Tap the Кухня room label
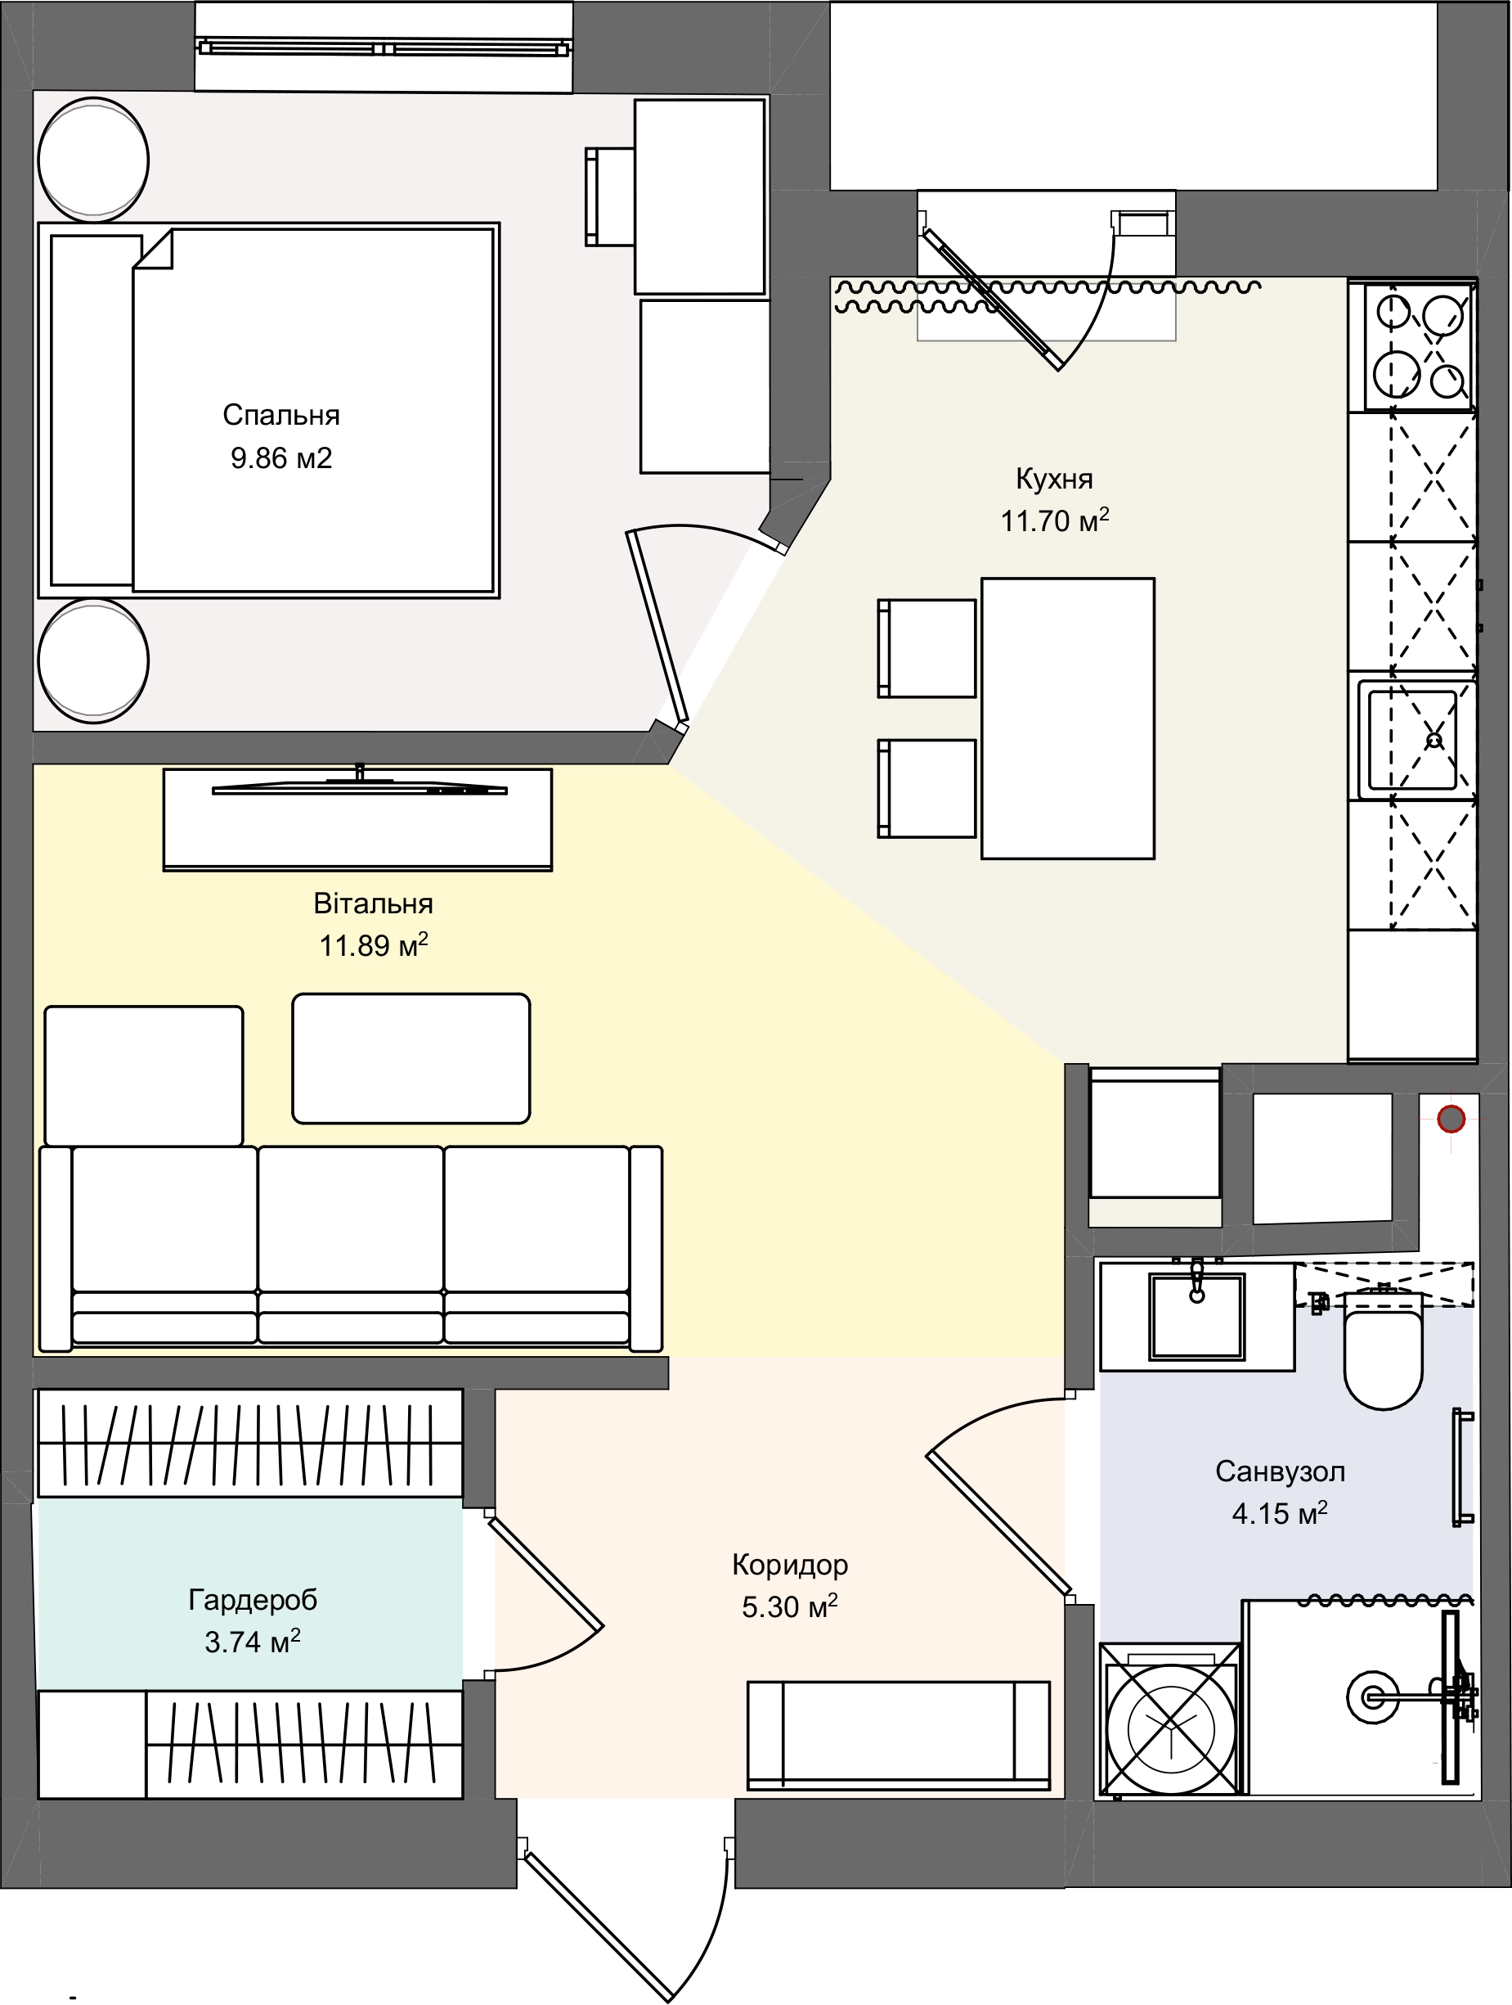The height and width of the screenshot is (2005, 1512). coord(1055,478)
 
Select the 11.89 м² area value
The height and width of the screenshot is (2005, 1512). coord(372,945)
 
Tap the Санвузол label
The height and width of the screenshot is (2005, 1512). coord(1280,1471)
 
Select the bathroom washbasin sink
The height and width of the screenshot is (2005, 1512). coord(1196,1316)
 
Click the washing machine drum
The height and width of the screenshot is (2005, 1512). coord(1169,1719)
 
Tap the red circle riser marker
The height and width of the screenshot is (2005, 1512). coord(1451,1120)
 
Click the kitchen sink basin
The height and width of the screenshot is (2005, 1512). coord(1412,740)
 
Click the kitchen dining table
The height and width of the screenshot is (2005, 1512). coord(1067,718)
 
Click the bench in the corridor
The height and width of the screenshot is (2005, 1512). coord(898,1736)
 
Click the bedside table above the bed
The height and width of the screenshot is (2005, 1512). coord(93,158)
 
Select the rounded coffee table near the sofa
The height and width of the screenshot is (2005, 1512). coord(411,1059)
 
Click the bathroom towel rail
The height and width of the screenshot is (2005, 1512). coord(1461,1467)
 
